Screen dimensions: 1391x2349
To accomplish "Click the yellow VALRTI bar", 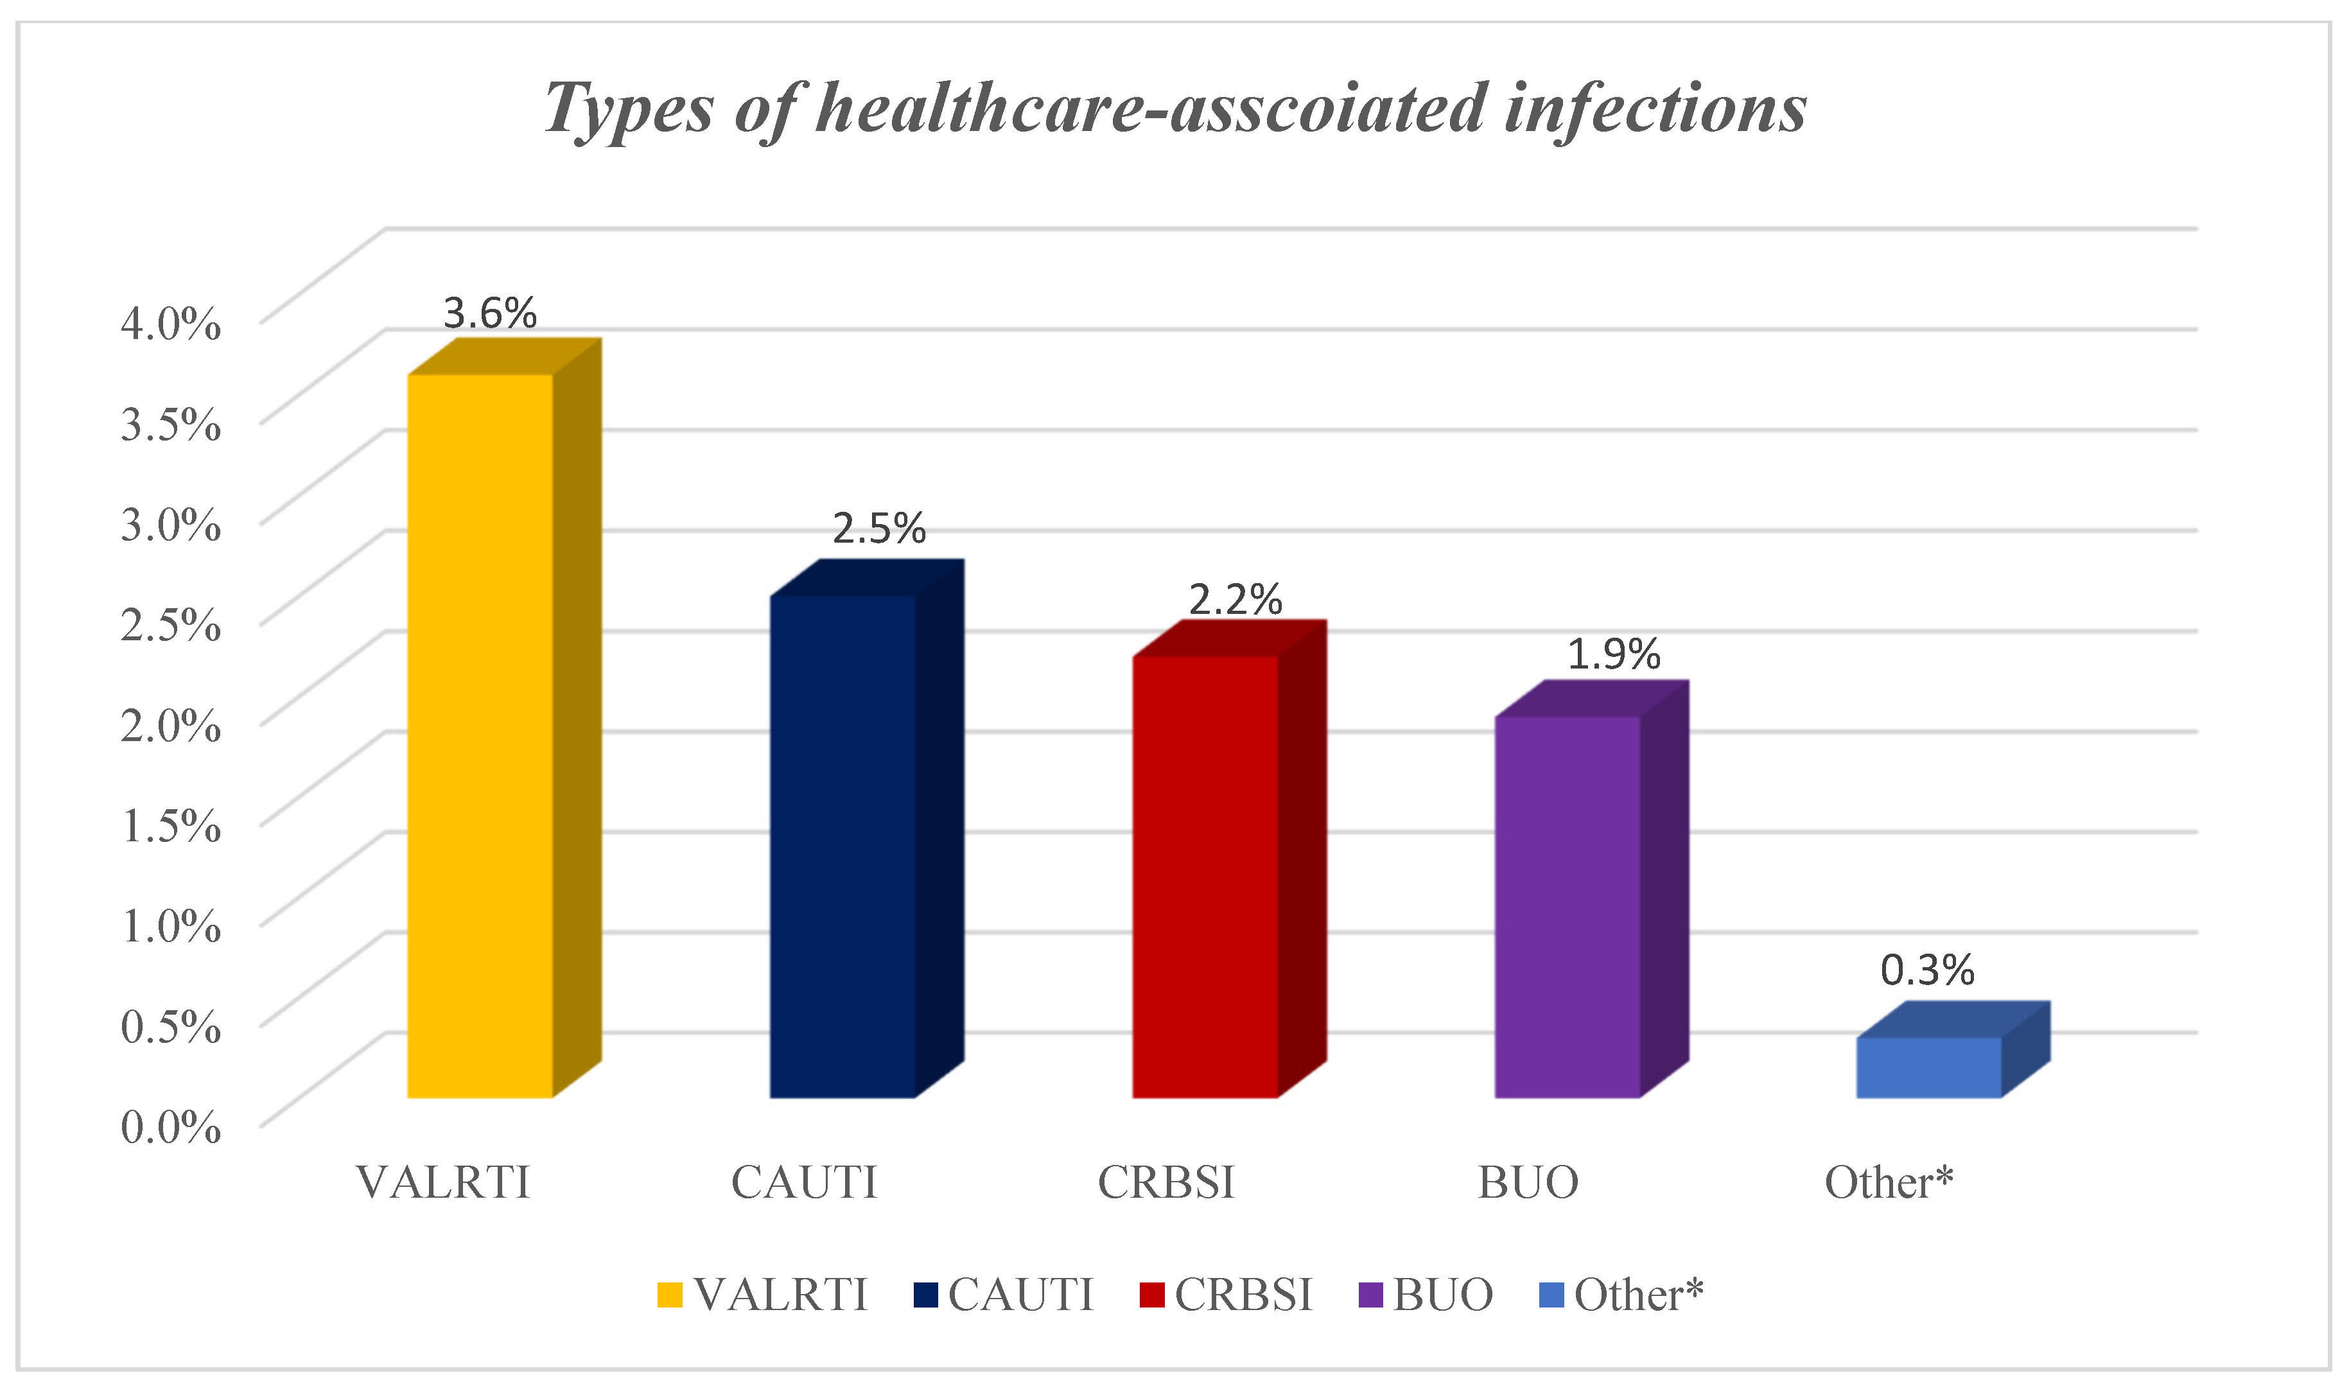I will (x=480, y=736).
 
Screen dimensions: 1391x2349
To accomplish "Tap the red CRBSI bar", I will (x=1205, y=877).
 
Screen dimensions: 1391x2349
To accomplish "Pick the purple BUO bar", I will (x=1567, y=906).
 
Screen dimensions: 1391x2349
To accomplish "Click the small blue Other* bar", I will (x=1929, y=1067).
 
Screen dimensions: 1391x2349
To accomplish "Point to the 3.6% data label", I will (x=489, y=313).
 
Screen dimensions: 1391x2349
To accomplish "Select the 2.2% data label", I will (x=1235, y=600).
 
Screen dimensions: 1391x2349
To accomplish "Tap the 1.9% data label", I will (x=1614, y=654).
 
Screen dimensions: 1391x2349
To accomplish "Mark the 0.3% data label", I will (x=1927, y=970).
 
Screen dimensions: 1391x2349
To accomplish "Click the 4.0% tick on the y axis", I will (x=171, y=324).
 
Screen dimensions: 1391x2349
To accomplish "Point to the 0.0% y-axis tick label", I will (x=171, y=1126).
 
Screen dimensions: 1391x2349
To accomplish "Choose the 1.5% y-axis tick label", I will (x=171, y=826).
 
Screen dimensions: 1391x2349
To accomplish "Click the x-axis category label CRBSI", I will (x=1167, y=1183).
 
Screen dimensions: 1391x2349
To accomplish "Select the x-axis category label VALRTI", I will (x=443, y=1183).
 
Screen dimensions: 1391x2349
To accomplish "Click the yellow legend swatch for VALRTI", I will (x=670, y=1295).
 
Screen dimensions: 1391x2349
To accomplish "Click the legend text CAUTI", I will (x=1020, y=1295).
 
